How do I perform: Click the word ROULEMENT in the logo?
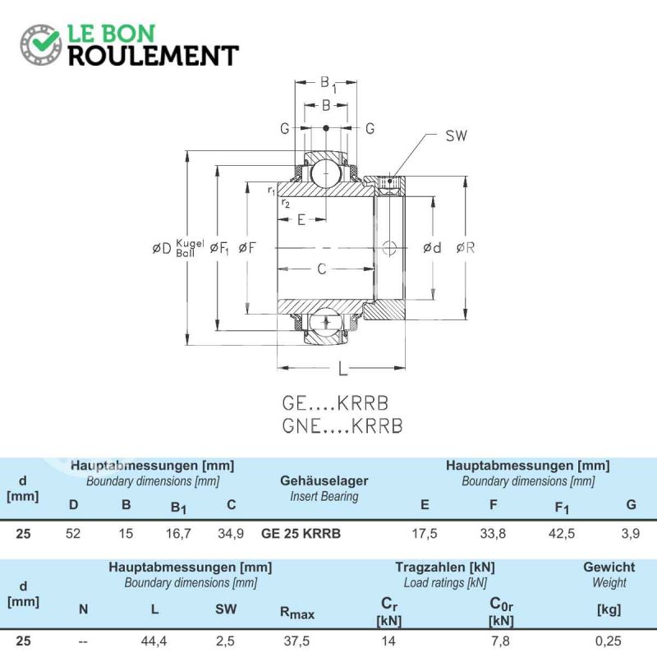pyautogui.click(x=154, y=56)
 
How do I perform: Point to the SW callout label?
pyautogui.click(x=456, y=136)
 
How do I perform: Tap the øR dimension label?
pyautogui.click(x=466, y=248)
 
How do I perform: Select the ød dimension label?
pyautogui.click(x=432, y=248)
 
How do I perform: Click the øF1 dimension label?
pyautogui.click(x=219, y=249)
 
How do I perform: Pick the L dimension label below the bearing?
pyautogui.click(x=342, y=369)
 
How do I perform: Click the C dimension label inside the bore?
pyautogui.click(x=321, y=269)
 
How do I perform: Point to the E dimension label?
pyautogui.click(x=301, y=219)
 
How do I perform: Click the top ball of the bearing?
pyautogui.click(x=326, y=173)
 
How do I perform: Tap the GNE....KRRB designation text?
pyautogui.click(x=342, y=425)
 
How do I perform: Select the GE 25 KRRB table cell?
pyautogui.click(x=301, y=533)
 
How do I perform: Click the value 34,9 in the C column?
pyautogui.click(x=231, y=533)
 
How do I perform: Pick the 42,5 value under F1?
pyautogui.click(x=562, y=533)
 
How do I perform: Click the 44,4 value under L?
pyautogui.click(x=154, y=641)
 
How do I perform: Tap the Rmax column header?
pyautogui.click(x=296, y=613)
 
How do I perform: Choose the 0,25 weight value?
pyautogui.click(x=608, y=641)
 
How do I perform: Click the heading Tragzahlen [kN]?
pyautogui.click(x=445, y=567)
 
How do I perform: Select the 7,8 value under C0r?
pyautogui.click(x=500, y=641)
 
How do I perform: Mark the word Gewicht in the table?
pyautogui.click(x=609, y=567)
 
